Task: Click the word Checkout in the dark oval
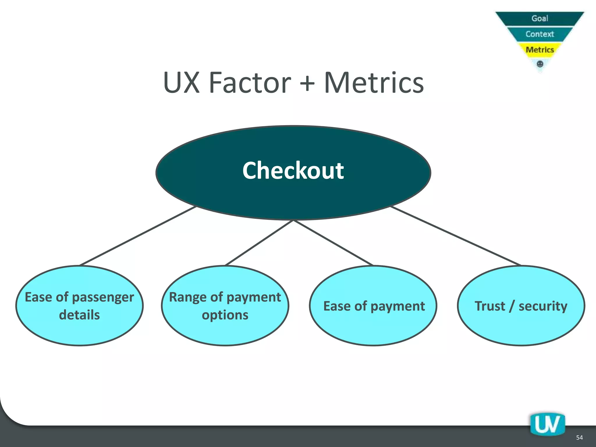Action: [293, 171]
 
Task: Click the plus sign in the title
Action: [307, 84]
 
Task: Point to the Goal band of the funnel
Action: [540, 19]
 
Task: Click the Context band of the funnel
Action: [540, 34]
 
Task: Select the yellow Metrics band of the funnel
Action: [540, 50]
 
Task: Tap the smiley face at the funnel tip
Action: [540, 64]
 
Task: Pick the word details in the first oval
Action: [79, 315]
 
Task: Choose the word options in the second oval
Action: [225, 315]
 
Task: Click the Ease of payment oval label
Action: [374, 306]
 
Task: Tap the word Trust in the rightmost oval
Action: [490, 306]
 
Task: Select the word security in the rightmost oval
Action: [543, 306]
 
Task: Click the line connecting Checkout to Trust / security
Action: [455, 236]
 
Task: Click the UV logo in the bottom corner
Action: [547, 425]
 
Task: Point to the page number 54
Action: [579, 438]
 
